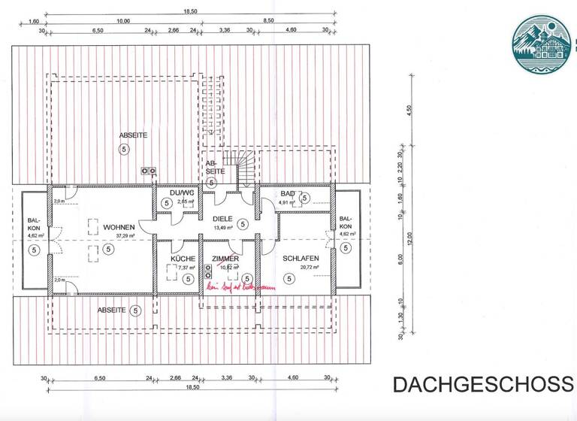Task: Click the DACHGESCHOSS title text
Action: (482, 384)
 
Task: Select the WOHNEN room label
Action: (119, 226)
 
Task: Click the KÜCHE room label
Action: (183, 259)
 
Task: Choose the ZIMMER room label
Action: (225, 259)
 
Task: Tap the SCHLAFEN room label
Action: (301, 259)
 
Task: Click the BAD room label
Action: (288, 194)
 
